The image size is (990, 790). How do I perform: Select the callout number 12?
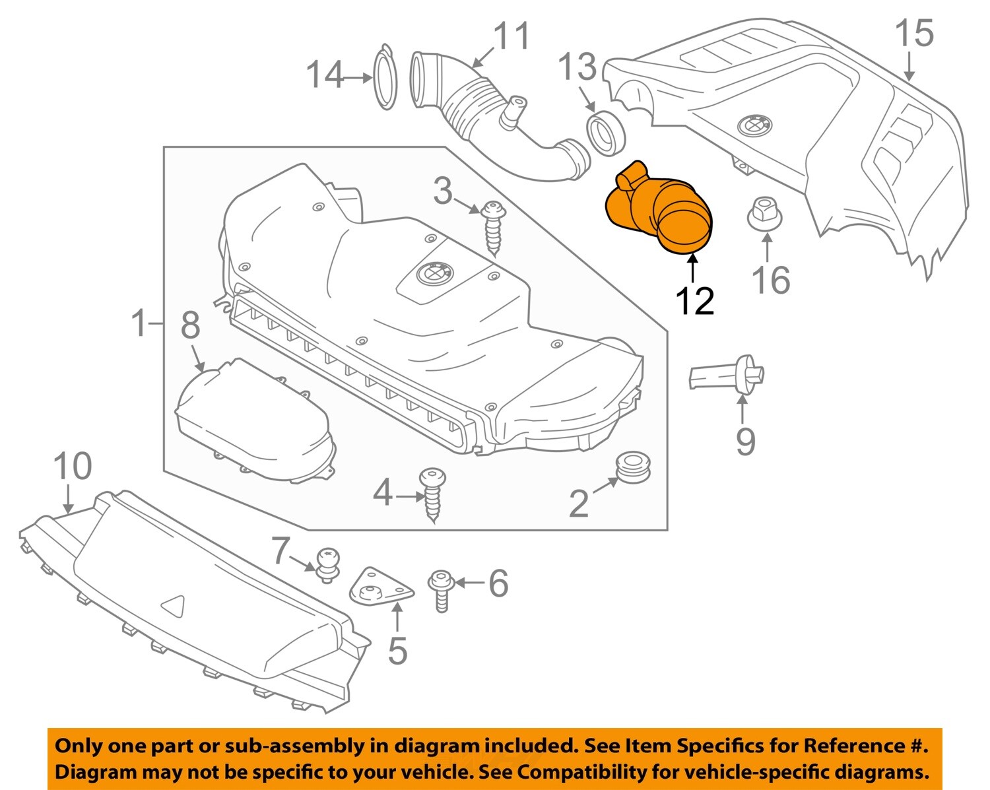pos(694,302)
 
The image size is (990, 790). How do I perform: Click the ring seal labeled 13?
pos(604,133)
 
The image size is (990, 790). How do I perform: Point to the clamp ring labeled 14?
pos(385,77)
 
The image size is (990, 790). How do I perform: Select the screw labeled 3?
pos(494,228)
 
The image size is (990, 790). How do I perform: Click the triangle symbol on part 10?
pos(175,605)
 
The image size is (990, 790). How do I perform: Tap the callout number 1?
pos(139,324)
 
